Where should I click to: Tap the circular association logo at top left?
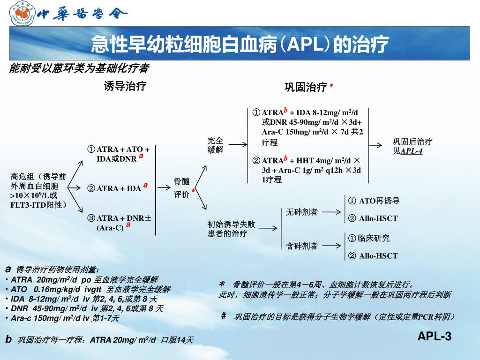(22, 14)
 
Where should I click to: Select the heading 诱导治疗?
(125, 86)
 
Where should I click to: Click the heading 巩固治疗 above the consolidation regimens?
(305, 87)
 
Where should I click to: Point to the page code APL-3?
(434, 336)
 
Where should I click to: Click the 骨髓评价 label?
(181, 188)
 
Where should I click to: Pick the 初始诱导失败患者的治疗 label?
(231, 229)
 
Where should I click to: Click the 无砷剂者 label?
(301, 212)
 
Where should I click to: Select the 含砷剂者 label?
(301, 245)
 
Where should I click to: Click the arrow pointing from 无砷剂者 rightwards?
(331, 212)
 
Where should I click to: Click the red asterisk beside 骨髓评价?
(193, 192)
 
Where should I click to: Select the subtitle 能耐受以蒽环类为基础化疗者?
(79, 69)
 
